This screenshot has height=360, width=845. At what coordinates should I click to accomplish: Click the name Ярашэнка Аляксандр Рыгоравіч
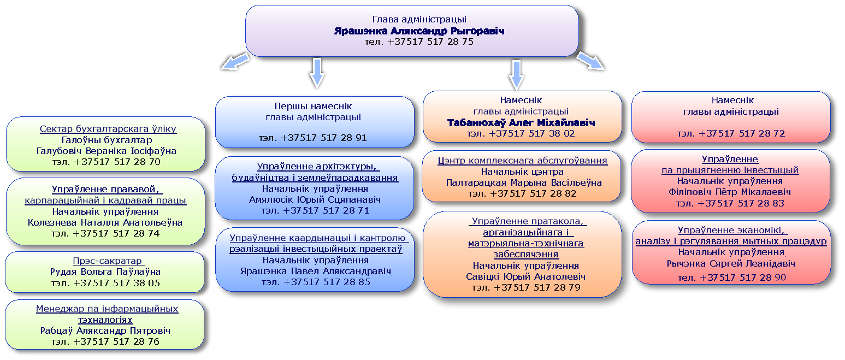[x=419, y=31]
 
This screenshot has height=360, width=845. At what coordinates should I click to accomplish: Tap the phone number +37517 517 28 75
[x=430, y=42]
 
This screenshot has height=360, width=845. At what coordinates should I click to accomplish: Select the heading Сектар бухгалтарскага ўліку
[x=108, y=129]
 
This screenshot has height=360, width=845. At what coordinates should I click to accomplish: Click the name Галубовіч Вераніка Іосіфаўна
[x=107, y=151]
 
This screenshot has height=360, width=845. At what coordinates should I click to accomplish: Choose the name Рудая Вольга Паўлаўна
[x=105, y=272]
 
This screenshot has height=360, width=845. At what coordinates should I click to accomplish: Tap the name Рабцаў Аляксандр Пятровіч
[x=105, y=331]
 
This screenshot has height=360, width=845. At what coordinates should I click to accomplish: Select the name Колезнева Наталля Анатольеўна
[x=105, y=223]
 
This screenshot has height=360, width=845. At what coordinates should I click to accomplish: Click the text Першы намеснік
[x=313, y=106]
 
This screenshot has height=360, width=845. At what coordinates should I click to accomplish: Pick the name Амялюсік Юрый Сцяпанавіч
[x=315, y=199]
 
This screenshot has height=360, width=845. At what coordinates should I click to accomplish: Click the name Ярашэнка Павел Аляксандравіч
[x=315, y=271]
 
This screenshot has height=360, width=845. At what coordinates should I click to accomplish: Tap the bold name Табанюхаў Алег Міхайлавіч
[x=521, y=123]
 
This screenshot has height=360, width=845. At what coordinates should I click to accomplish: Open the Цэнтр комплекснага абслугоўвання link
[x=523, y=161]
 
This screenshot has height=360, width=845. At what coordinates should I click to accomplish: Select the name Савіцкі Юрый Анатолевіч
[x=525, y=276]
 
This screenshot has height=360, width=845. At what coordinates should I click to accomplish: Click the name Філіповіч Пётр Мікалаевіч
[x=730, y=192]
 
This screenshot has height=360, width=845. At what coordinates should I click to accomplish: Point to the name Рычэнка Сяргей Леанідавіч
[x=731, y=263]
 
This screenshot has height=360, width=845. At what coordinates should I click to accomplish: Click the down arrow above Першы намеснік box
[x=317, y=73]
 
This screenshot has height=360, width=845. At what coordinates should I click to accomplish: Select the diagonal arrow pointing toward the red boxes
[x=591, y=61]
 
